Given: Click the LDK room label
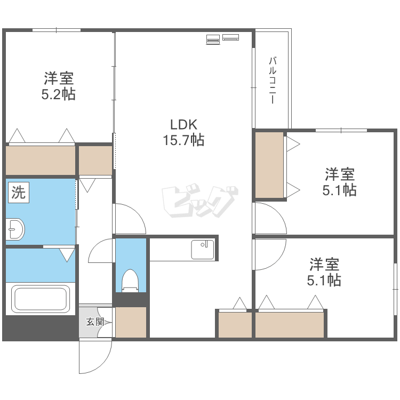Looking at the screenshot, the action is pyautogui.click(x=183, y=125).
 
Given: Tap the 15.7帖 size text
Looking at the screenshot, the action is pyautogui.click(x=183, y=140).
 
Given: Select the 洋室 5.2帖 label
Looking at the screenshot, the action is pyautogui.click(x=59, y=86).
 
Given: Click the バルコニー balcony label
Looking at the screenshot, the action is pyautogui.click(x=273, y=80).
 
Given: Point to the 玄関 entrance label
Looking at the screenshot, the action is pyautogui.click(x=94, y=322).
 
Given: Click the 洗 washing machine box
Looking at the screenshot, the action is pyautogui.click(x=19, y=193).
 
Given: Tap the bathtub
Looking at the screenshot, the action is pyautogui.click(x=41, y=299).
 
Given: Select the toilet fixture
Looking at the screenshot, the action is pyautogui.click(x=130, y=280).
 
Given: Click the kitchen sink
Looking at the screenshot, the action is pyautogui.click(x=203, y=250).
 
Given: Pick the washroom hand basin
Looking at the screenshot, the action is pyautogui.click(x=15, y=229).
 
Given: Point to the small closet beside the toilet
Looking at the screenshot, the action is pyautogui.click(x=131, y=322).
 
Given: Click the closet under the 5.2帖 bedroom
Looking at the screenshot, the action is pyautogui.click(x=41, y=160).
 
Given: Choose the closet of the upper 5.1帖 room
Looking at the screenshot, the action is pyautogui.click(x=269, y=165).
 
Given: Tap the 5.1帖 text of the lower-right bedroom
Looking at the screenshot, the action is pyautogui.click(x=324, y=280).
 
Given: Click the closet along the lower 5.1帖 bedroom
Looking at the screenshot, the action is pyautogui.click(x=290, y=324).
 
